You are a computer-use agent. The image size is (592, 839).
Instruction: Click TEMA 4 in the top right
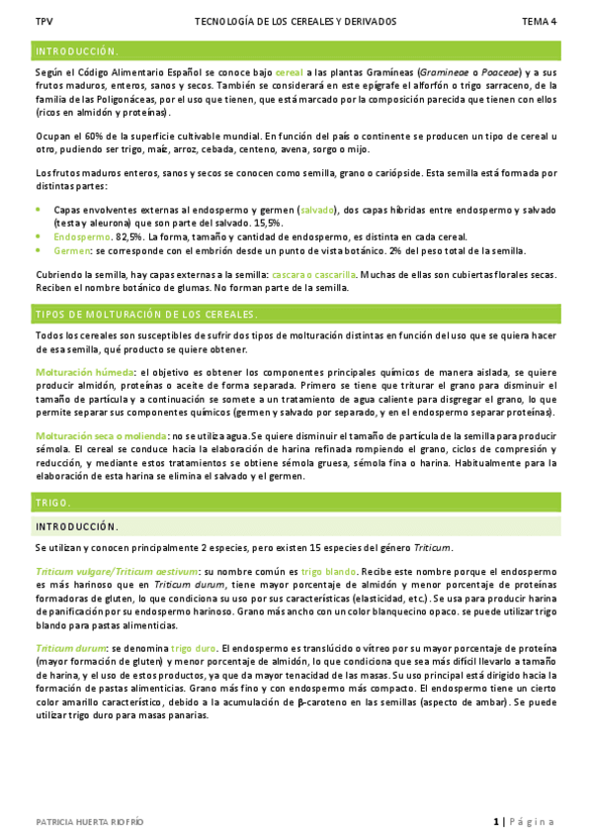point(539,20)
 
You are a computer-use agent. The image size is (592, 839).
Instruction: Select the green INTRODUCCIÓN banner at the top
point(77,50)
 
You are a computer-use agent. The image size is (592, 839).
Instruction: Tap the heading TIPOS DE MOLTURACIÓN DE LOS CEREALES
point(146,315)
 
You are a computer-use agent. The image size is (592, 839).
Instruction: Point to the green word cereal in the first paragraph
point(289,73)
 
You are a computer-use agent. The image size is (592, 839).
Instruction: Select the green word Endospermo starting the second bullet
point(82,237)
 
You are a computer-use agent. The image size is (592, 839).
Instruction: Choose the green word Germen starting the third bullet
point(72,250)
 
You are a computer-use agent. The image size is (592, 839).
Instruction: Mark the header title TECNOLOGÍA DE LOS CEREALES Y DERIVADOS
point(296,20)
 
